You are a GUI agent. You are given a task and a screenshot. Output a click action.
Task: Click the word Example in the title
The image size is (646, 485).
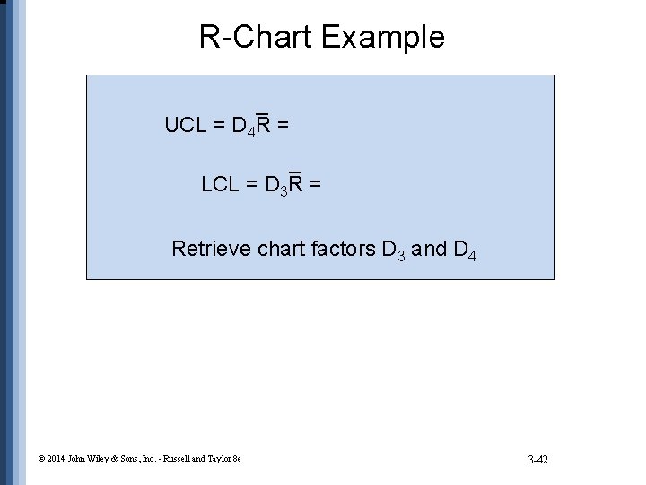pyautogui.click(x=382, y=37)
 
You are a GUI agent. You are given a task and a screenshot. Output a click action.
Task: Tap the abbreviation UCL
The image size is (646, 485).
pyautogui.click(x=186, y=125)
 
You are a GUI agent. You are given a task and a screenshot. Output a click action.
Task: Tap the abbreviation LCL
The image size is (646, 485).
pyautogui.click(x=221, y=185)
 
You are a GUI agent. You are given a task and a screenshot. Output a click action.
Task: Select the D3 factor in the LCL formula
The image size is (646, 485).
pyautogui.click(x=277, y=187)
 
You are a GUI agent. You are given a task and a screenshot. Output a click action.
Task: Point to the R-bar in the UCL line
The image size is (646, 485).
pyautogui.click(x=264, y=125)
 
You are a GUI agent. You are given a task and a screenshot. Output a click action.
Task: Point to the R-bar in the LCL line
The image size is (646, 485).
pyautogui.click(x=297, y=184)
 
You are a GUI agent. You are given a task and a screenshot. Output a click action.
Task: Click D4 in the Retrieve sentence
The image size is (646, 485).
pyautogui.click(x=465, y=250)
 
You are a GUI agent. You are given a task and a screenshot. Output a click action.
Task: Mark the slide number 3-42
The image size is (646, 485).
pyautogui.click(x=538, y=460)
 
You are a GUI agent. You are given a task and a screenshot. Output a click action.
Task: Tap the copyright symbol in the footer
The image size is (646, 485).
pyautogui.click(x=42, y=459)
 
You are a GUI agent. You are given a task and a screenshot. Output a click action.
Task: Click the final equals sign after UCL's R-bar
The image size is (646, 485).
pyautogui.click(x=283, y=125)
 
